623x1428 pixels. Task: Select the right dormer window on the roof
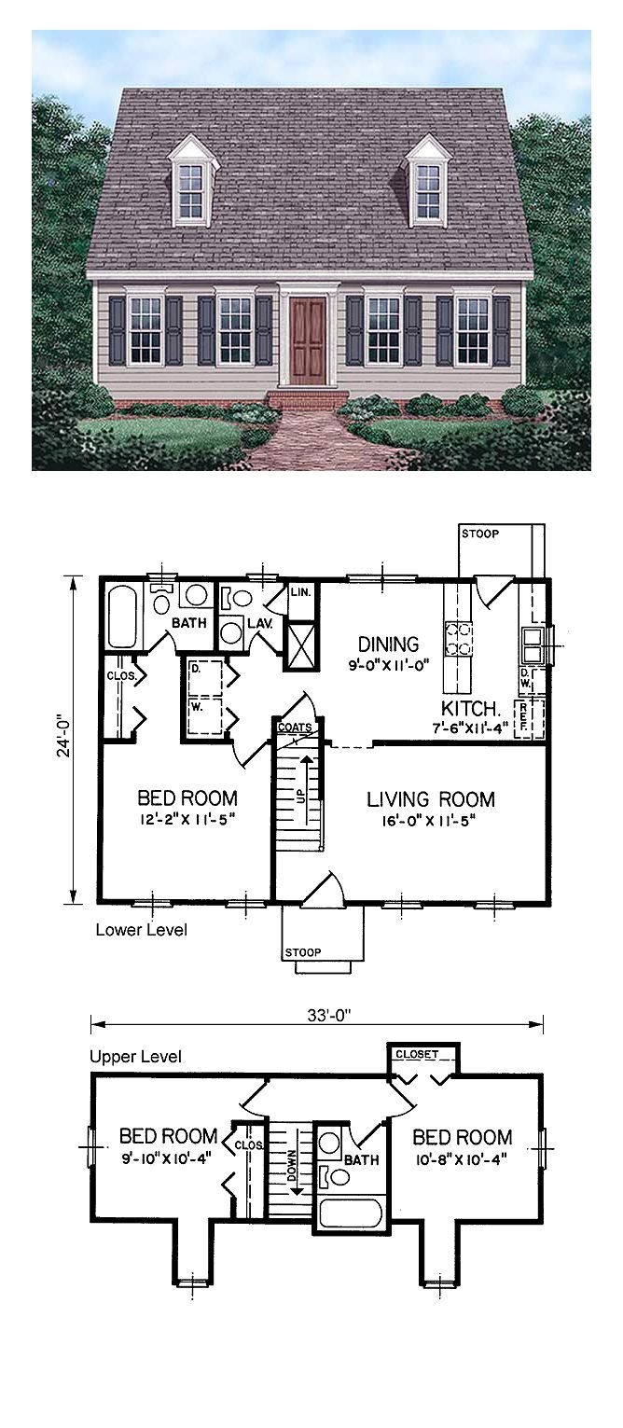tap(428, 189)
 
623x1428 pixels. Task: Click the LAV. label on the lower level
tap(258, 623)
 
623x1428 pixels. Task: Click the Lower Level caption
tap(141, 930)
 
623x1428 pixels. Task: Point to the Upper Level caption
tap(136, 1057)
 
